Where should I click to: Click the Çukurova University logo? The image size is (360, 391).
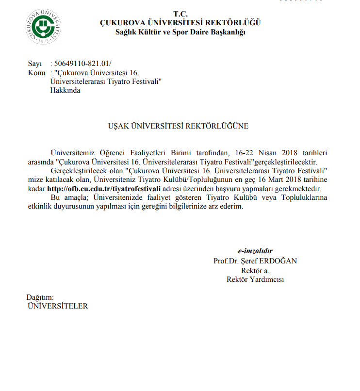click(43, 26)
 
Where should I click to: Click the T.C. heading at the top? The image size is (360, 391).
click(180, 14)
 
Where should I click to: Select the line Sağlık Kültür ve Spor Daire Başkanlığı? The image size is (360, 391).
click(180, 32)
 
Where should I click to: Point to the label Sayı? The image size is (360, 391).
click(35, 63)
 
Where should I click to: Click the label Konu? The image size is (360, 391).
click(36, 72)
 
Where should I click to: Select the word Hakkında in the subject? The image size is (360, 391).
click(65, 90)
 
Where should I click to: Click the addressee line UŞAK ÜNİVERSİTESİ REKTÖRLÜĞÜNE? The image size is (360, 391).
click(178, 126)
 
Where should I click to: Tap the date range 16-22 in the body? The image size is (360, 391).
click(238, 153)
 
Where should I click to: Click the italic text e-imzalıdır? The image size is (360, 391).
click(255, 251)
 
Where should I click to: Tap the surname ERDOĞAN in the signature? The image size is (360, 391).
click(279, 261)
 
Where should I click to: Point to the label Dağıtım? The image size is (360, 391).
click(40, 297)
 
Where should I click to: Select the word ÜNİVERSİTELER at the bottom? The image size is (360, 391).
click(58, 306)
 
